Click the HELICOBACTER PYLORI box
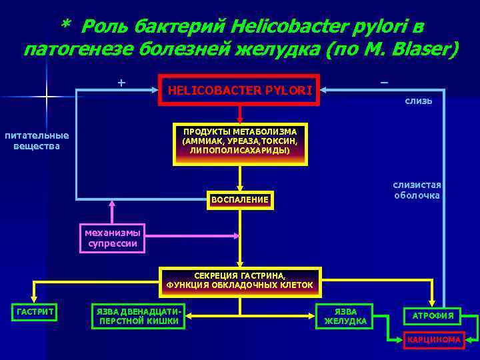pos(239,89)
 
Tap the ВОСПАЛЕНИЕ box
pos(239,200)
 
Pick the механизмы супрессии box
pos(112,238)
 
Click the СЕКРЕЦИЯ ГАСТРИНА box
pos(239,281)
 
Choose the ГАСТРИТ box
pos(35,312)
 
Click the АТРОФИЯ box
pos(433,315)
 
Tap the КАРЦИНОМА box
pos(433,339)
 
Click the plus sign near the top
pos(121,83)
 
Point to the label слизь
pos(418,101)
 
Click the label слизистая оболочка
pos(417,190)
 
